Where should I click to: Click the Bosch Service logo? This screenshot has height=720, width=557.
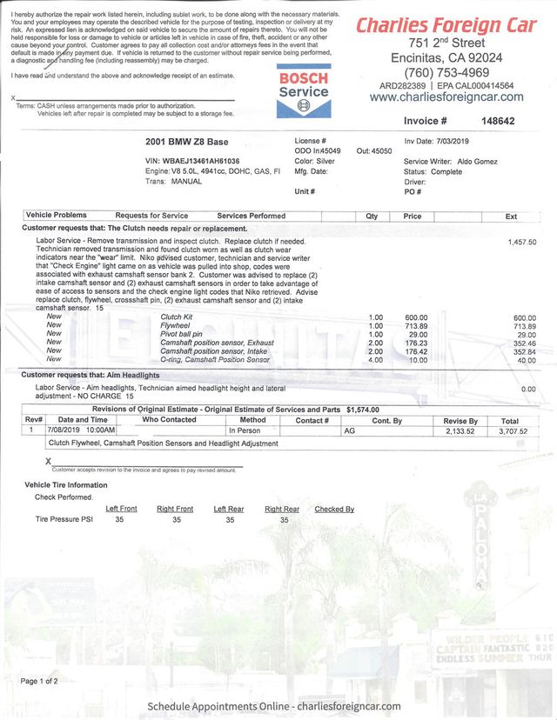303,90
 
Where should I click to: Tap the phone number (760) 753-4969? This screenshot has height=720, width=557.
447,72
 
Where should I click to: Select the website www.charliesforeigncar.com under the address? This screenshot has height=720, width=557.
446,97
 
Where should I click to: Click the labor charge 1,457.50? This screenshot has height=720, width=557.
521,242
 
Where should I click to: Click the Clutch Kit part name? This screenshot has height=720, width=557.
177,317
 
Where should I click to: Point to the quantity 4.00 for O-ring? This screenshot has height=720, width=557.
376,360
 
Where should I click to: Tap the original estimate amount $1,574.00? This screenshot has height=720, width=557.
363,409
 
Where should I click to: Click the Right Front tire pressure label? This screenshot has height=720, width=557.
175,510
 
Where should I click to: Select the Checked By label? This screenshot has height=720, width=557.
334,510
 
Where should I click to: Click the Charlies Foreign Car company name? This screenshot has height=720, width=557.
446,25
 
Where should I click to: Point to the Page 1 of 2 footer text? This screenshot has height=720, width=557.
39,681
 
